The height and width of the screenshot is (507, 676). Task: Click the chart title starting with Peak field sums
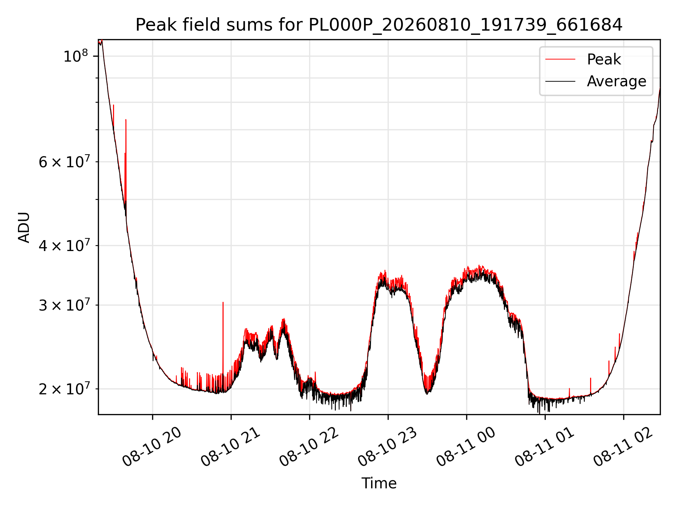379,25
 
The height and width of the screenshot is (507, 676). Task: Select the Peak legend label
604,60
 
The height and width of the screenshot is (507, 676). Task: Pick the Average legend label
616,81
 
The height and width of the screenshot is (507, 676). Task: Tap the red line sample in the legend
560,60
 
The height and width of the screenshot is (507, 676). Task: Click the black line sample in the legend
560,81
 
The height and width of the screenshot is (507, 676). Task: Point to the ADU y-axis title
24,227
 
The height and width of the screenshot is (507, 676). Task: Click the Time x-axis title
379,483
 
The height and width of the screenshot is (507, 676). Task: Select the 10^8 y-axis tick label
75,56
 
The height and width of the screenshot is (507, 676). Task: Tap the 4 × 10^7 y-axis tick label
64,245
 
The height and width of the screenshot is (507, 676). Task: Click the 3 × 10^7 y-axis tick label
64,305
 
